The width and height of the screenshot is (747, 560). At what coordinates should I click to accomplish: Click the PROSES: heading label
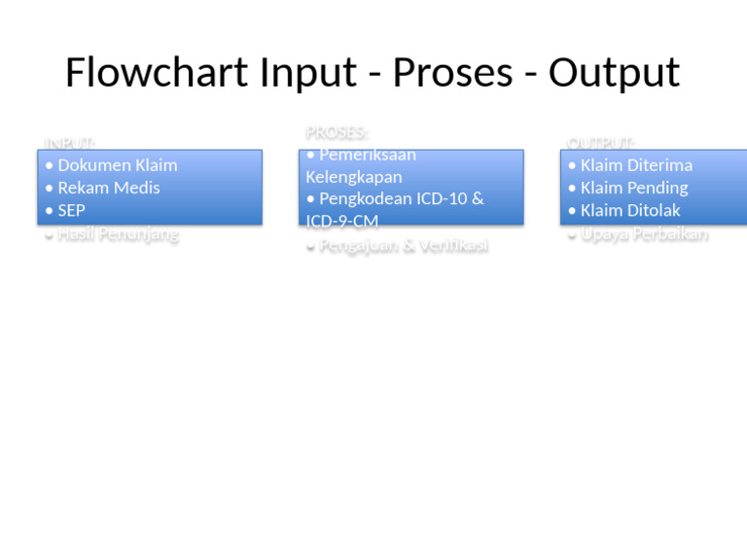click(x=337, y=132)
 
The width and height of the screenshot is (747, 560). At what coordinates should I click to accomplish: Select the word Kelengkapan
click(x=353, y=177)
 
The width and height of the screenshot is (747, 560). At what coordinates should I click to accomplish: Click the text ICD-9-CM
click(x=341, y=222)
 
